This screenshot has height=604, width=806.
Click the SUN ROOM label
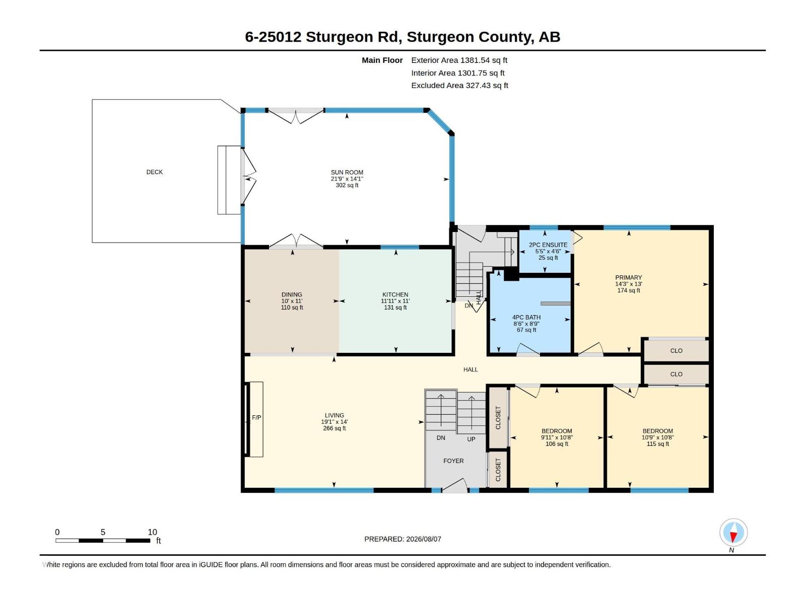click(347, 172)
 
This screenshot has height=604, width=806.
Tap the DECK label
click(154, 172)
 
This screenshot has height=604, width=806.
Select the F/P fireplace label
click(256, 418)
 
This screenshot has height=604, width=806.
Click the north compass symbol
click(733, 532)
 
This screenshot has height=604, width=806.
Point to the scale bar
click(103, 541)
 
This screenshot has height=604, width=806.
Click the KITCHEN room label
click(395, 294)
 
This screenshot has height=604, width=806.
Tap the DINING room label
click(292, 294)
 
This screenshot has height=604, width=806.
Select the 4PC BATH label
click(526, 317)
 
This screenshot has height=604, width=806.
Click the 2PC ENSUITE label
click(548, 245)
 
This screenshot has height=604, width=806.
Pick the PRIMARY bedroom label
click(628, 278)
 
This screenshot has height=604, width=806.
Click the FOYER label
click(453, 461)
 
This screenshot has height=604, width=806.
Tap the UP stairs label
click(471, 439)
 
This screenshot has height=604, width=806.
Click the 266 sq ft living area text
click(334, 428)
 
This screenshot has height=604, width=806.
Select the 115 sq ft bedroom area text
click(658, 444)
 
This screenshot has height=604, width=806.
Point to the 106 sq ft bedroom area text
click(557, 444)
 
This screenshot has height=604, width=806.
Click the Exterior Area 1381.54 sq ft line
click(459, 60)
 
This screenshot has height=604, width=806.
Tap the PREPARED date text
click(402, 539)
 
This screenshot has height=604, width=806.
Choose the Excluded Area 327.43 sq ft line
click(459, 86)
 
